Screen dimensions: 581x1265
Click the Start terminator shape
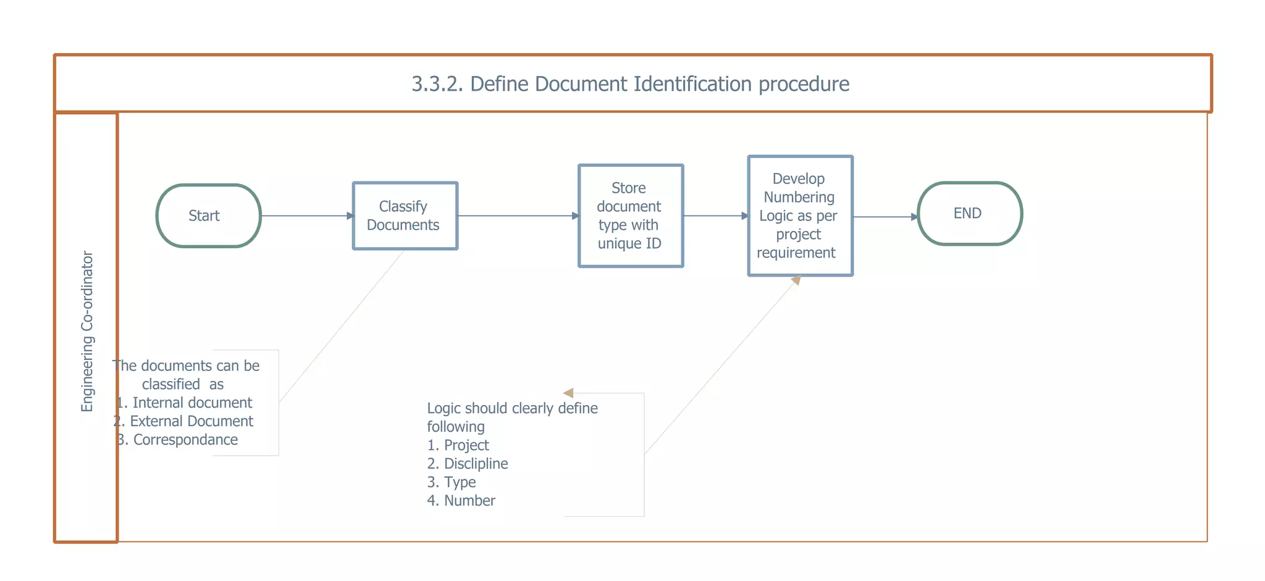tap(209, 215)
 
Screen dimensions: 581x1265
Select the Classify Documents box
tap(405, 215)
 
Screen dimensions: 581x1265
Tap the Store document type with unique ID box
tap(630, 215)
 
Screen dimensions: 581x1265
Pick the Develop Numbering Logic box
tap(800, 215)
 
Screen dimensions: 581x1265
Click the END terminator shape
tap(970, 214)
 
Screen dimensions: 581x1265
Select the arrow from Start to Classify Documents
tap(306, 215)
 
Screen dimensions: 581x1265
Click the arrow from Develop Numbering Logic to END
tap(885, 217)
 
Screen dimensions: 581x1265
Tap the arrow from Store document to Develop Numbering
tap(715, 215)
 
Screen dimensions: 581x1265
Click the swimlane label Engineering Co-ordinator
tap(87, 331)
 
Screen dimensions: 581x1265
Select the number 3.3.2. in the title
tap(437, 84)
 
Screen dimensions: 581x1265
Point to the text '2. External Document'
tap(183, 421)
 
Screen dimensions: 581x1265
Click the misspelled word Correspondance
tap(185, 440)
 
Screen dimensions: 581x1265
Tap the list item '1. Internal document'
tap(185, 403)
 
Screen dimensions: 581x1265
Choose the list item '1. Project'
tap(458, 445)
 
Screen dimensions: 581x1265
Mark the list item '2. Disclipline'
tap(468, 464)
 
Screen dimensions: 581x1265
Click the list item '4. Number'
tap(461, 501)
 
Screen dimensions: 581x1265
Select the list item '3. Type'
tap(452, 482)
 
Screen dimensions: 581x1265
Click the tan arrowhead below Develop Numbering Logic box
tap(796, 280)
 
